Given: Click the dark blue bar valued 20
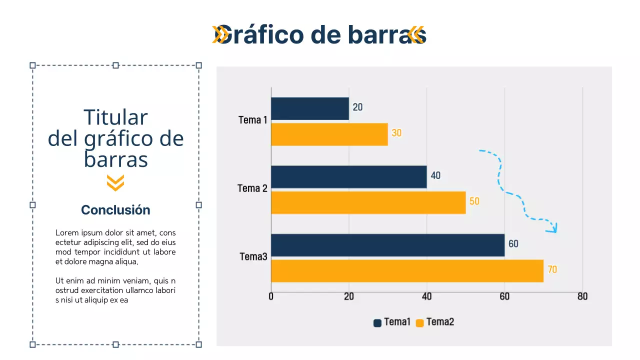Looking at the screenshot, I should [310, 108].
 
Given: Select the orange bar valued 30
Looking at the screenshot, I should [329, 134].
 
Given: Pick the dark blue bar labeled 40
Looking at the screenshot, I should [348, 177].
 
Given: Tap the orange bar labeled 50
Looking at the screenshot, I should [368, 202].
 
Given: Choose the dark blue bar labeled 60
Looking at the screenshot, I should [387, 245].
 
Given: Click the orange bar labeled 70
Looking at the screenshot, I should [407, 270].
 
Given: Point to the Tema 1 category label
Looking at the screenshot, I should [253, 120].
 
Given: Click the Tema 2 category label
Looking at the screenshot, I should [252, 188].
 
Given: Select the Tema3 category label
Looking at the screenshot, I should [253, 256].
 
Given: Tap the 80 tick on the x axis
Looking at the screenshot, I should [582, 296].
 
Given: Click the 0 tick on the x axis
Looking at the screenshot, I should [271, 296].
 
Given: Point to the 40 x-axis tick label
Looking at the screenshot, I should [426, 296].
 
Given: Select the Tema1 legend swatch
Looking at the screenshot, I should [377, 323].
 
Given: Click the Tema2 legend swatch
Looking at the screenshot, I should [420, 323].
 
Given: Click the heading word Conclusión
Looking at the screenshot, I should [115, 210].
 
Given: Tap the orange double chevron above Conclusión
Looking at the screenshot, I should [115, 183].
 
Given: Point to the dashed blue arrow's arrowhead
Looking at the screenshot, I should [553, 228].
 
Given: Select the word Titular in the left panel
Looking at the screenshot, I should [115, 117].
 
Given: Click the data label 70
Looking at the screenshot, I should [552, 270].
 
